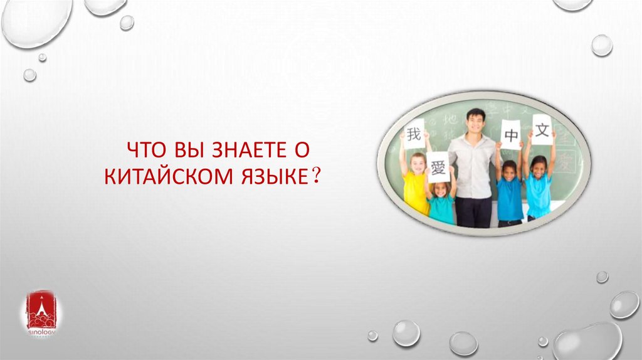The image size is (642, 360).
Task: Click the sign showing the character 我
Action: tap(414, 134)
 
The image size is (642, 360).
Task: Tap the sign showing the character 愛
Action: tap(438, 167)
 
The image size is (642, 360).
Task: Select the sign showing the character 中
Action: tap(510, 135)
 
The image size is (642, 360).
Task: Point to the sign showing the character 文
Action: tap(542, 129)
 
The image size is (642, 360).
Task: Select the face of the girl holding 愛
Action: tap(440, 189)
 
